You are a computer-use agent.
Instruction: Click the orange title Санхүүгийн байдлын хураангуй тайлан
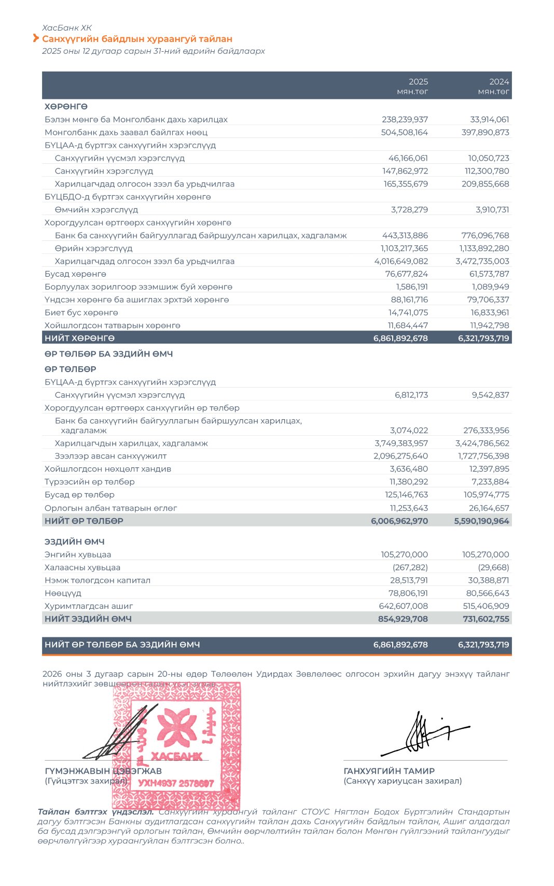(x=137, y=39)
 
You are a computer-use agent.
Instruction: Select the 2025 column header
(x=418, y=82)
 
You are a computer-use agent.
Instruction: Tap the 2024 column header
(x=499, y=82)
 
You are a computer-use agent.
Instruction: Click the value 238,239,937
(x=405, y=120)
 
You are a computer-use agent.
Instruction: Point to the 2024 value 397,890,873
(x=485, y=133)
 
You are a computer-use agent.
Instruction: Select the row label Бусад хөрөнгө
(x=75, y=274)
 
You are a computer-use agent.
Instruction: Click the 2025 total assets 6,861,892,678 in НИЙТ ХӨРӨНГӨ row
(x=400, y=338)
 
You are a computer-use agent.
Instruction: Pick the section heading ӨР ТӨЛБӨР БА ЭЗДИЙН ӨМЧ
(x=108, y=354)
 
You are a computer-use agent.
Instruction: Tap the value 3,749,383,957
(x=401, y=444)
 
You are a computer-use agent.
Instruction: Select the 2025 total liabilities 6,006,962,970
(x=399, y=521)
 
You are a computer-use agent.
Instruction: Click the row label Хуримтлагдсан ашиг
(x=89, y=606)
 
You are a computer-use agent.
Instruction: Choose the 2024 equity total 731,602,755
(x=486, y=619)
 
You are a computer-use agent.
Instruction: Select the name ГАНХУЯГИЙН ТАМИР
(x=389, y=771)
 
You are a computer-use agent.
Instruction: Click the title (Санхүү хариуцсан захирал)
(x=403, y=781)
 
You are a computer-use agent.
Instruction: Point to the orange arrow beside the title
(x=36, y=38)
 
